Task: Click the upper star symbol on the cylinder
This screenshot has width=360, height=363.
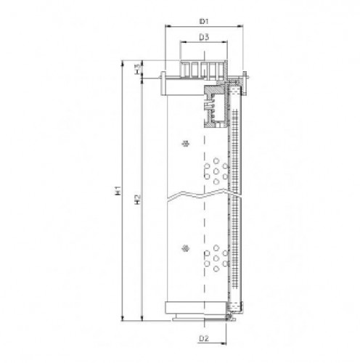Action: point(186,143)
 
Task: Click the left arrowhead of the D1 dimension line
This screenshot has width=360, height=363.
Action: point(168,25)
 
